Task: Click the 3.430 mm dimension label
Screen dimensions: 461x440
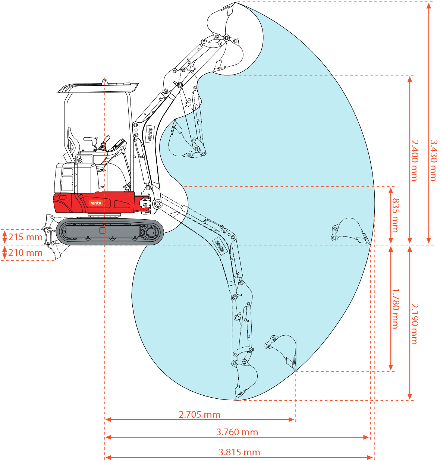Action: (x=433, y=160)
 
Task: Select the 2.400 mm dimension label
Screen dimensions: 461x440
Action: (x=414, y=160)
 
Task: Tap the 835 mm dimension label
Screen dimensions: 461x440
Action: (x=396, y=215)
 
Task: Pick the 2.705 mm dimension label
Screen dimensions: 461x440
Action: (x=199, y=414)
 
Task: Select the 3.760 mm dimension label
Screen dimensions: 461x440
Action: (x=237, y=432)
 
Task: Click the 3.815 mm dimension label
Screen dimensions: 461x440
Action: (x=239, y=452)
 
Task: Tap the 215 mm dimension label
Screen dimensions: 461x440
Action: (x=25, y=237)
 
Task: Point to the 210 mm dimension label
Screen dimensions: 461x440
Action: (x=25, y=253)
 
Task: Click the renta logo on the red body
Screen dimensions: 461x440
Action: (x=95, y=203)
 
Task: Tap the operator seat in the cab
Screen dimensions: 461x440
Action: (x=73, y=145)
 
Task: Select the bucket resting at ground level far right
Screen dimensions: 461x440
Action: (x=349, y=229)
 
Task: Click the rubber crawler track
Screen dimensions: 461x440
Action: (x=110, y=232)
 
